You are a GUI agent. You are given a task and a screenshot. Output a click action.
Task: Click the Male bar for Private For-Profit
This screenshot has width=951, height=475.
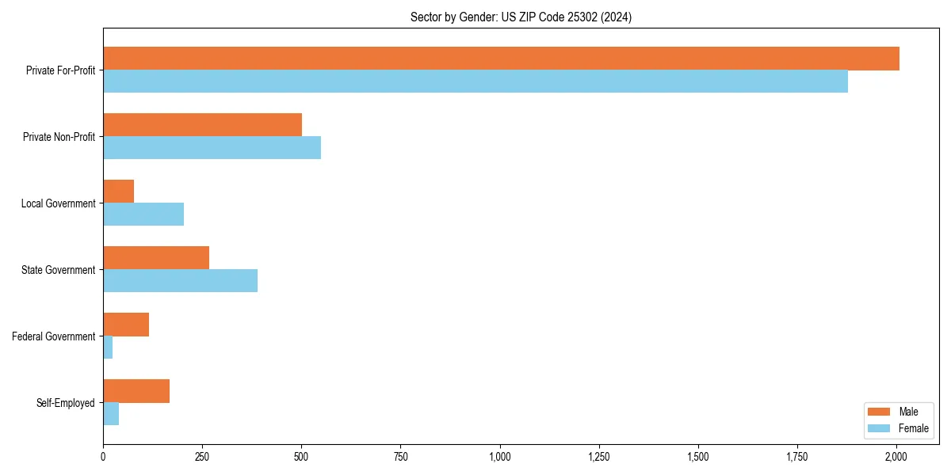pyautogui.click(x=501, y=59)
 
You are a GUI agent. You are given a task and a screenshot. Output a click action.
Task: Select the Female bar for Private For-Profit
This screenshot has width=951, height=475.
pyautogui.click(x=475, y=82)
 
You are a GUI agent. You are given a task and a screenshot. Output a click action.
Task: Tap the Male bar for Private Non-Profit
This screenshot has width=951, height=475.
pyautogui.click(x=203, y=125)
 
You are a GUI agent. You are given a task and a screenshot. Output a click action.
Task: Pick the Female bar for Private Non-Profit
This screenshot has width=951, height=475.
pyautogui.click(x=212, y=148)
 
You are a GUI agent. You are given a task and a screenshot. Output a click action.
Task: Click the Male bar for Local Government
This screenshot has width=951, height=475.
pyautogui.click(x=119, y=192)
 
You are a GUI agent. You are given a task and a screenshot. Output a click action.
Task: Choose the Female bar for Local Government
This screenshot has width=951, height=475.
pyautogui.click(x=143, y=215)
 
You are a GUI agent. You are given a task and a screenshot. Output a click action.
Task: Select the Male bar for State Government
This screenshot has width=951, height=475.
pyautogui.click(x=156, y=258)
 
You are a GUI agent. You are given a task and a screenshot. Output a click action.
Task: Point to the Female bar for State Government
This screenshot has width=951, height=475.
pyautogui.click(x=181, y=281)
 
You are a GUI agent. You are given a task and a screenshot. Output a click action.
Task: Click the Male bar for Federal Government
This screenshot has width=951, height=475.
pyautogui.click(x=126, y=325)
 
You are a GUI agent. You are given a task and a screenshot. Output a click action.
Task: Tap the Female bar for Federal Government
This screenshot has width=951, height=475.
pyautogui.click(x=108, y=348)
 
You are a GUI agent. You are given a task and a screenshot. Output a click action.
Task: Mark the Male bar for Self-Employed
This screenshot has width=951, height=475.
pyautogui.click(x=136, y=391)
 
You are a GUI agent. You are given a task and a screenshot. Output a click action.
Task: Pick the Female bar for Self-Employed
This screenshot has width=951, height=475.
pyautogui.click(x=111, y=414)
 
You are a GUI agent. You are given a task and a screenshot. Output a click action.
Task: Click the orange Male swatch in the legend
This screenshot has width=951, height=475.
pyautogui.click(x=880, y=412)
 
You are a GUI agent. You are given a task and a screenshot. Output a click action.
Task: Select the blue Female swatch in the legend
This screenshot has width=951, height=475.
pyautogui.click(x=880, y=428)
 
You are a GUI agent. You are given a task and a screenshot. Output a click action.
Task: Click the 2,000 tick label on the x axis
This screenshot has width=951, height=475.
pyautogui.click(x=896, y=457)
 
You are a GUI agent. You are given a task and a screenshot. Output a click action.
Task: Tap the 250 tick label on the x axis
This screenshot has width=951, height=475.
pyautogui.click(x=202, y=457)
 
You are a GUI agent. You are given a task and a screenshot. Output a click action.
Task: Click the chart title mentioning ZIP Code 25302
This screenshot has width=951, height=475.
pyautogui.click(x=521, y=17)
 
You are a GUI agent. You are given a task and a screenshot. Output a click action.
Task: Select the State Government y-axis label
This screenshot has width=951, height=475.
pyautogui.click(x=58, y=270)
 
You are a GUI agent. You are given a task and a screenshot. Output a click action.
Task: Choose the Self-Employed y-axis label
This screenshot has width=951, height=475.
pyautogui.click(x=65, y=403)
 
